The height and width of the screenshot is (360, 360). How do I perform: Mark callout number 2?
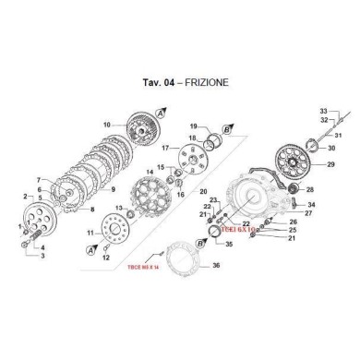[x=24, y=197]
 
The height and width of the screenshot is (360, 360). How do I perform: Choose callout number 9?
[x=114, y=189]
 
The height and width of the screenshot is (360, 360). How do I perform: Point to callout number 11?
[x=90, y=234]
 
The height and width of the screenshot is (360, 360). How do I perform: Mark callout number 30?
[x=331, y=147]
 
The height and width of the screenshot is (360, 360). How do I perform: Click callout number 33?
[x=324, y=110]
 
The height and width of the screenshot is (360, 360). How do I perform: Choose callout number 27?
[x=308, y=213]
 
